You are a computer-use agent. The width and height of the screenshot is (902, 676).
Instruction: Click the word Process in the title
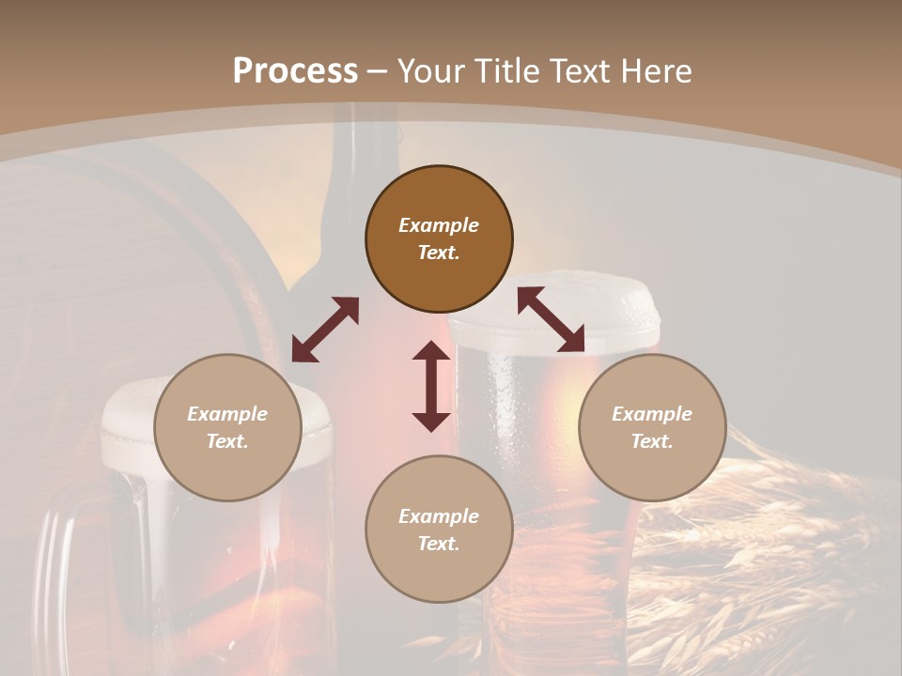[x=295, y=71]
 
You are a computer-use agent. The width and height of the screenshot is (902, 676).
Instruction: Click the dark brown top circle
[x=439, y=239]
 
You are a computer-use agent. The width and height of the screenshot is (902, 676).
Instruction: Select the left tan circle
[x=227, y=427]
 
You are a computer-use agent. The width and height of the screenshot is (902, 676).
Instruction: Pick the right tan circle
[x=652, y=427]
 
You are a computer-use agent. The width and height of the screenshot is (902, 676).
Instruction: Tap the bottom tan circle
[x=439, y=530]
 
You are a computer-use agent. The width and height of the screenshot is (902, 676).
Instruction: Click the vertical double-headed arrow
[x=431, y=386]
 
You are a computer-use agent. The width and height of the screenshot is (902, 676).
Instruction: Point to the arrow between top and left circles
[x=325, y=330]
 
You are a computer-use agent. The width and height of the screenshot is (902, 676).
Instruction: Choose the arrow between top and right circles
[x=551, y=319]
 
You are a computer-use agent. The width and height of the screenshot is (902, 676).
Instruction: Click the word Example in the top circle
[x=439, y=225]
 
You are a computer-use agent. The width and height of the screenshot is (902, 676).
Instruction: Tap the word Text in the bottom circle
[x=439, y=544]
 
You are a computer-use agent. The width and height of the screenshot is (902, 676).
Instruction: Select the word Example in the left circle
[x=227, y=414]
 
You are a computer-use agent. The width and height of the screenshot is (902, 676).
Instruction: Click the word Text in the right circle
[x=652, y=441]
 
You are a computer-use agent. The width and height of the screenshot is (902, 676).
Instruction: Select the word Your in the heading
[x=429, y=71]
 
